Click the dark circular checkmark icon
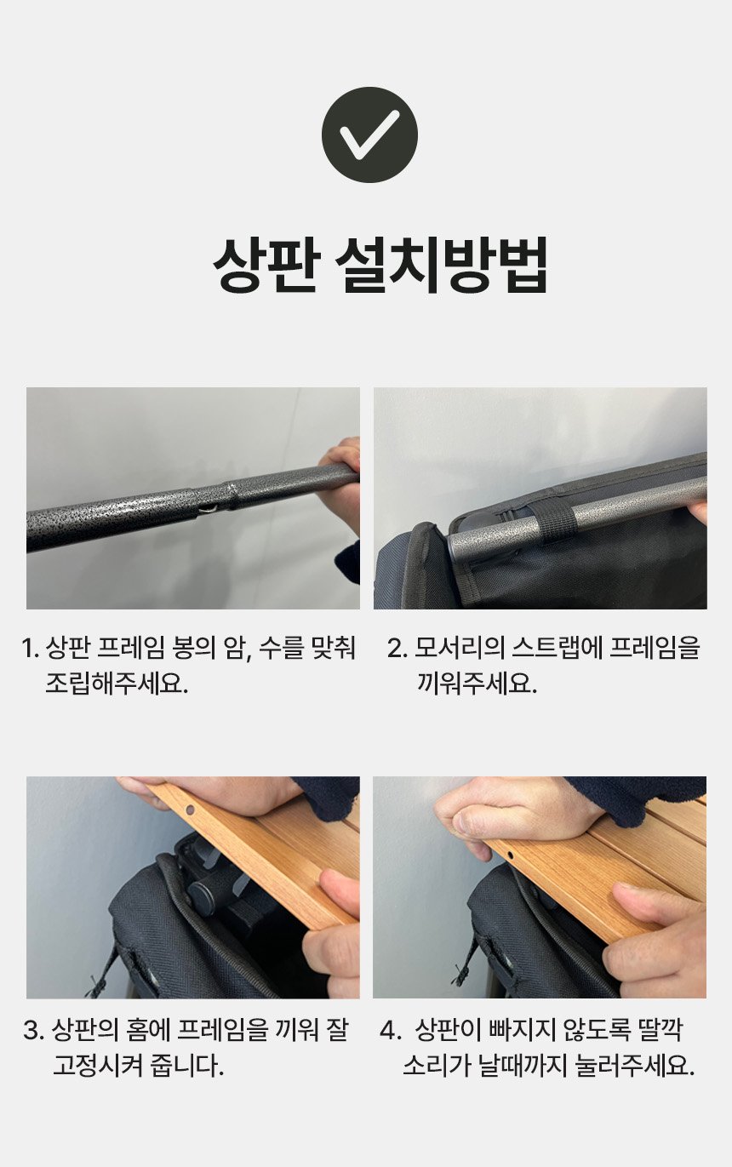(x=369, y=134)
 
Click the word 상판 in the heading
(x=264, y=266)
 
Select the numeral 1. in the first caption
(x=31, y=648)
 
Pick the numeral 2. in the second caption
(x=397, y=648)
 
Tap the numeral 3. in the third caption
(x=33, y=1031)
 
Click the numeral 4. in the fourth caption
(x=390, y=1031)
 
